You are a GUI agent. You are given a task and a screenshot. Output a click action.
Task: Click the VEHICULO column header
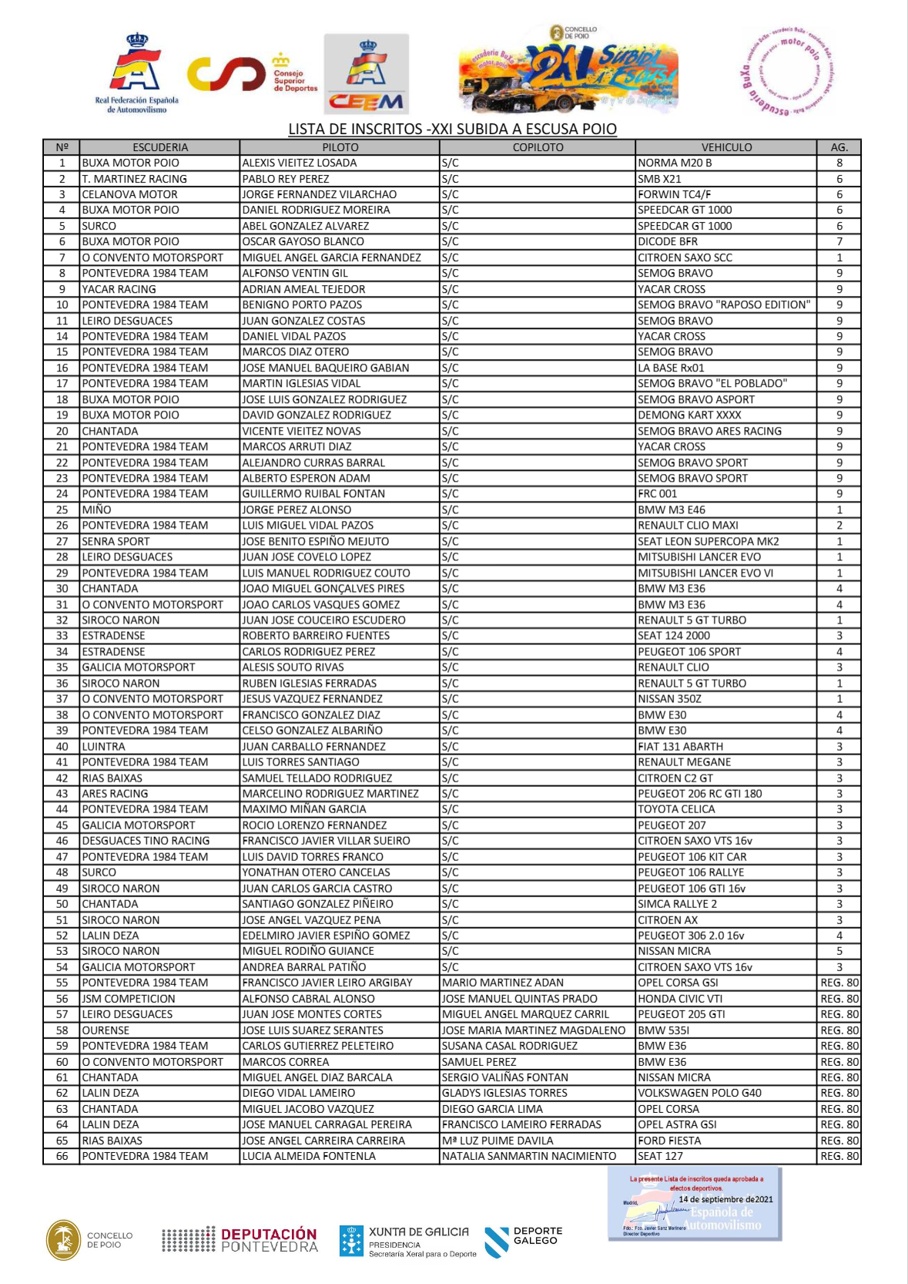tap(725, 147)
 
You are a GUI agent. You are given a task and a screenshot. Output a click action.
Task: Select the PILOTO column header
tap(340, 147)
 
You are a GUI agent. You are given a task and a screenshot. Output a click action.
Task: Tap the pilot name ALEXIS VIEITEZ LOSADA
tap(300, 163)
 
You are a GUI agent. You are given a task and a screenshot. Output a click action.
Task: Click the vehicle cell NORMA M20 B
tap(675, 163)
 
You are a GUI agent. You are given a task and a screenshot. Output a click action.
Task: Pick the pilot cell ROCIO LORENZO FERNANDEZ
tap(314, 825)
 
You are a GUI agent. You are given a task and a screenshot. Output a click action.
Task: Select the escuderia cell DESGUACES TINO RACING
tap(146, 841)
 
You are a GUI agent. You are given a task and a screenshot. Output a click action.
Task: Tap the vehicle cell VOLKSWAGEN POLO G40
tap(699, 1093)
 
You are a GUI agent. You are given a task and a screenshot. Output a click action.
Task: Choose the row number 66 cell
tap(62, 1156)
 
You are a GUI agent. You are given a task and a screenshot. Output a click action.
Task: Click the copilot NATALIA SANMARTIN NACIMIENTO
tap(529, 1156)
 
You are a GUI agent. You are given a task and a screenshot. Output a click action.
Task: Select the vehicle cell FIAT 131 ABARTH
tap(680, 746)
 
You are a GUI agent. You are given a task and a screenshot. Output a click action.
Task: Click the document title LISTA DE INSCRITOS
tap(452, 129)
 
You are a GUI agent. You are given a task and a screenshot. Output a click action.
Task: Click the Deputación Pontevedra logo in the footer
tap(240, 1239)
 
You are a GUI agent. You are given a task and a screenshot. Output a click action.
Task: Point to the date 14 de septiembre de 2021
tap(725, 1199)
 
